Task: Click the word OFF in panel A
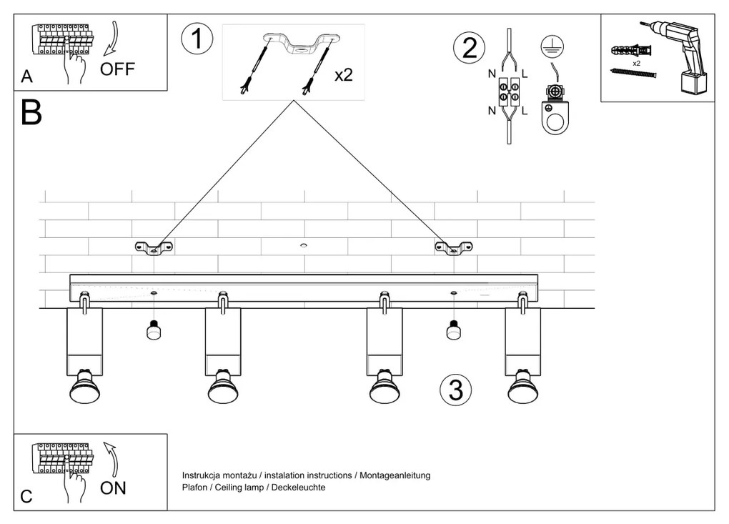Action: (117, 69)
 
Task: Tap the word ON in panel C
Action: (113, 488)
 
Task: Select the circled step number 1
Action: (197, 39)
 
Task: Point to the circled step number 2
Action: (470, 48)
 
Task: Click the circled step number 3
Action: (455, 390)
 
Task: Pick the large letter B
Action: (31, 113)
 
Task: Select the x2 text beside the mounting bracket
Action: (343, 74)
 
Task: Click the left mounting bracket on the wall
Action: (154, 248)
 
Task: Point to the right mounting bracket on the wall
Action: (453, 248)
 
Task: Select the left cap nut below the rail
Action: (152, 331)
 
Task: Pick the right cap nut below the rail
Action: (452, 331)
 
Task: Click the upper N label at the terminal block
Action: (492, 74)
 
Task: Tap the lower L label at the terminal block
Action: (524, 110)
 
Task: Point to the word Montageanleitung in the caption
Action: (395, 475)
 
